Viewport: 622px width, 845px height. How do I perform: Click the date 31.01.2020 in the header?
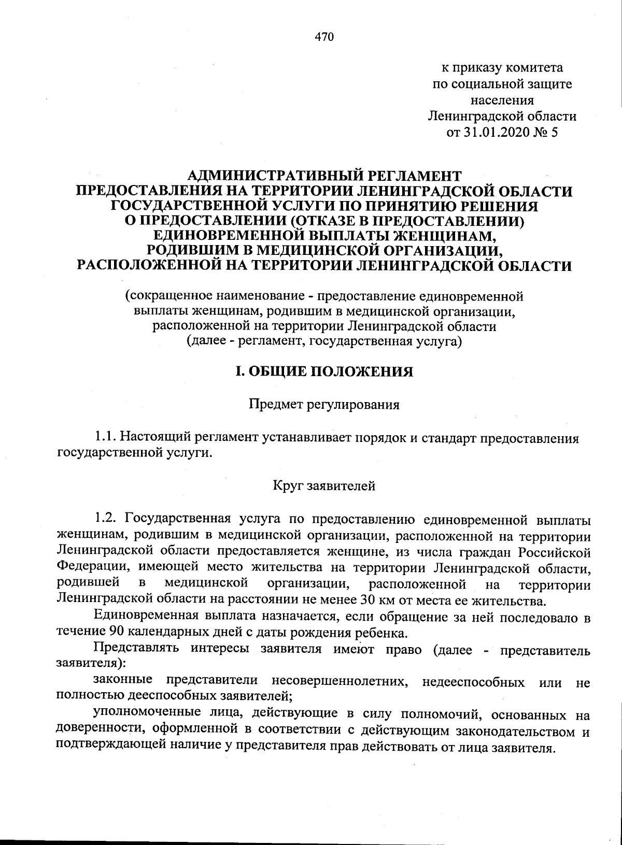pyautogui.click(x=497, y=132)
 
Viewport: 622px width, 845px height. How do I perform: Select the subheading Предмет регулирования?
pyautogui.click(x=324, y=405)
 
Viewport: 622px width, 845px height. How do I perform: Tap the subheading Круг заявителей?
pyautogui.click(x=323, y=486)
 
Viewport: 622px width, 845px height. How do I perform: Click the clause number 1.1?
pyautogui.click(x=107, y=438)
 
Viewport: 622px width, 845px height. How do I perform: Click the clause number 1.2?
pyautogui.click(x=108, y=519)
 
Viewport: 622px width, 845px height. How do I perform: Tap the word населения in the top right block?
pyautogui.click(x=502, y=100)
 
